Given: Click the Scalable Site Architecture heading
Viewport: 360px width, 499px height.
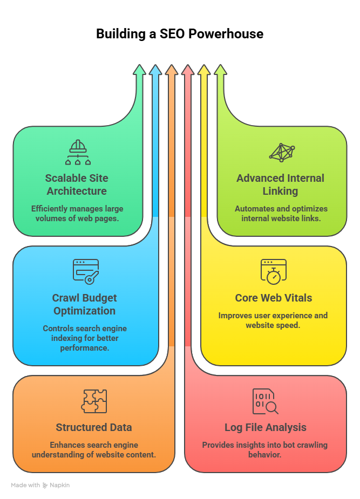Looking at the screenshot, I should (77, 184).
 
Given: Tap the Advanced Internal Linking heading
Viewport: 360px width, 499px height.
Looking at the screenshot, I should (280, 184).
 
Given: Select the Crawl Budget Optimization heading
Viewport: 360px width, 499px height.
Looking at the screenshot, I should (84, 304).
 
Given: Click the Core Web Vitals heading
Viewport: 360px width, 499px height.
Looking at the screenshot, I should (273, 298).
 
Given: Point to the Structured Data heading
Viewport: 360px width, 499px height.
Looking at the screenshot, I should (94, 427).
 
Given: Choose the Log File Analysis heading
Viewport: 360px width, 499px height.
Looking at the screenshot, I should (265, 427).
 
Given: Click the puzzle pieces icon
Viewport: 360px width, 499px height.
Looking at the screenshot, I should (94, 401).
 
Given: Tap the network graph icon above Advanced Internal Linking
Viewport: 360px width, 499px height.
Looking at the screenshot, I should (282, 153).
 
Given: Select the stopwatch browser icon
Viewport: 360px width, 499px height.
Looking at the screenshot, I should (273, 272).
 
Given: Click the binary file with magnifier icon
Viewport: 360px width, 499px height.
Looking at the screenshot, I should (265, 401).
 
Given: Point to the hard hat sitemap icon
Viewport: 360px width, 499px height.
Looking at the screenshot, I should (78, 153).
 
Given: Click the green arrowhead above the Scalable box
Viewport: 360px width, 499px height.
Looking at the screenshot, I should (139, 70).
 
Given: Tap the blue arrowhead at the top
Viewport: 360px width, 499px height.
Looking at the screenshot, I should (155, 70).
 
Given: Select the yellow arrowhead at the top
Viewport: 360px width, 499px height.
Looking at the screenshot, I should (203, 70).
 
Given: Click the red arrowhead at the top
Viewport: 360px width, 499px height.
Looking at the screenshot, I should (187, 70).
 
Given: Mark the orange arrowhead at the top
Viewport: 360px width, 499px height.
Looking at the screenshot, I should (172, 70).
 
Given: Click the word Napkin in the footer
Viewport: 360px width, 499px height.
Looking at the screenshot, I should (60, 486).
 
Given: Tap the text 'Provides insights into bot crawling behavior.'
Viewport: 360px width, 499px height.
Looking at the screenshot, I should (265, 449).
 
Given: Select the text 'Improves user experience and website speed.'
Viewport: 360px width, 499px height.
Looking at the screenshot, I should (273, 320).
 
